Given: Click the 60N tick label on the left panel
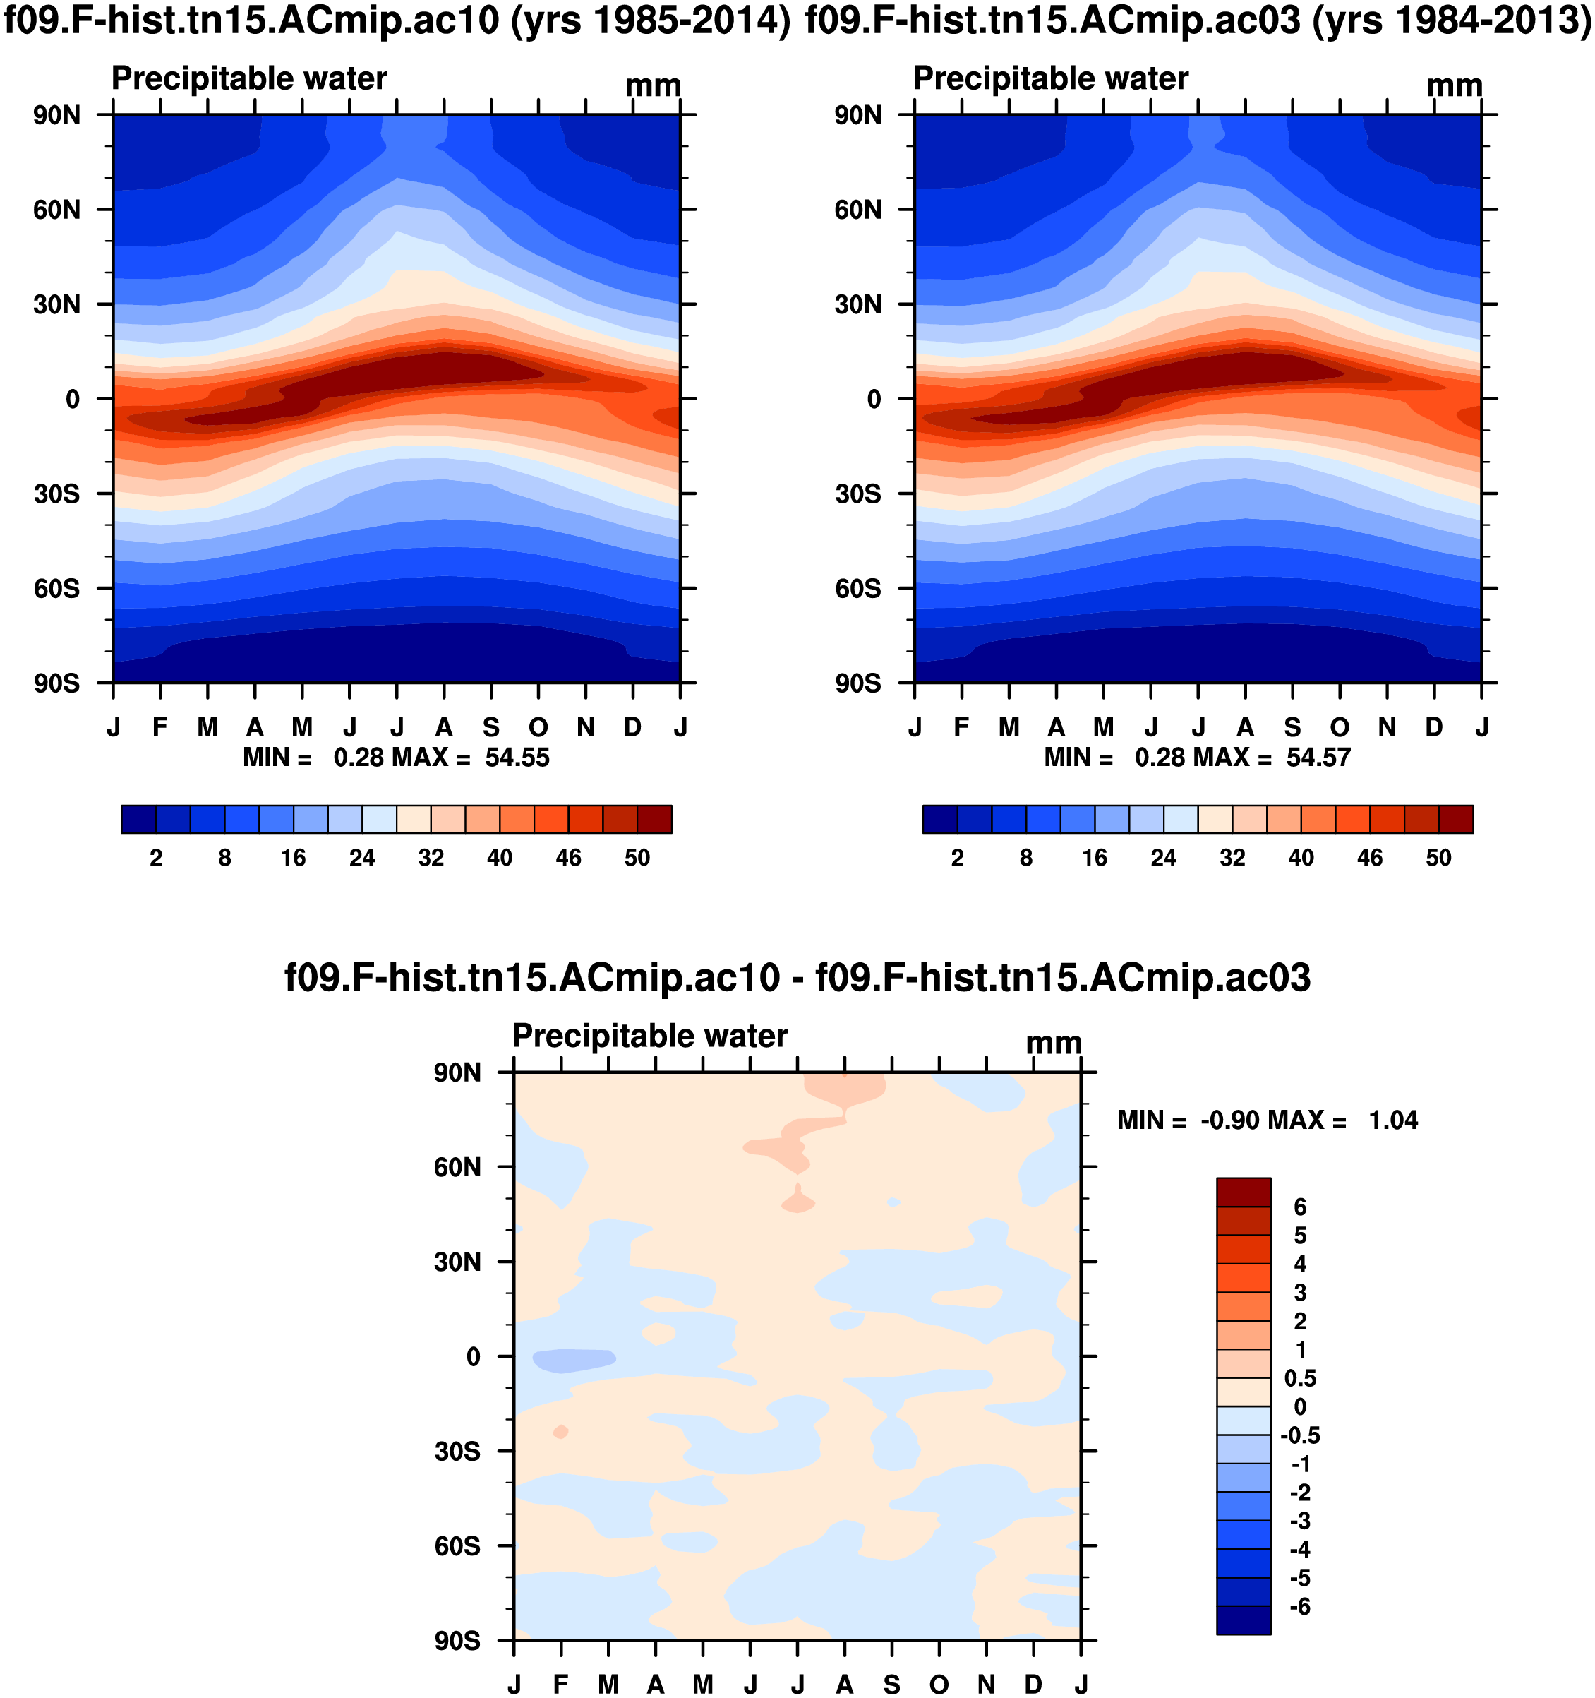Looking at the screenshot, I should (x=56, y=209).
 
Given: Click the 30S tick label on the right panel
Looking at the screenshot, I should (x=857, y=494).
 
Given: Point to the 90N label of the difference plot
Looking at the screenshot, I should (x=457, y=1072).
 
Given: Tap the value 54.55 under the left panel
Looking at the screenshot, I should (x=517, y=758).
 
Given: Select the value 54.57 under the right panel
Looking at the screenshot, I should (x=1318, y=758).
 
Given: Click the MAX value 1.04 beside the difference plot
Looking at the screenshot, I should (x=1392, y=1120).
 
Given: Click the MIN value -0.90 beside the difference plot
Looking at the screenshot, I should (x=1229, y=1120).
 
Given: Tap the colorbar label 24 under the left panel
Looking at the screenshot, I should (x=362, y=858).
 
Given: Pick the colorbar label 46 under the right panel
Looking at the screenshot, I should (x=1370, y=858).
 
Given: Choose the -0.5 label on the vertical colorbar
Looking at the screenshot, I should (x=1299, y=1435).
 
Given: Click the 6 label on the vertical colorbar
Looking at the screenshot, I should (x=1299, y=1207).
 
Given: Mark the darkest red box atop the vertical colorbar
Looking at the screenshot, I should (x=1244, y=1192).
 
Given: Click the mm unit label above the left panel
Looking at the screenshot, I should (x=654, y=86).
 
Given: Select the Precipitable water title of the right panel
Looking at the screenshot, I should (x=1050, y=78).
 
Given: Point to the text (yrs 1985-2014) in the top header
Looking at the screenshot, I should (x=651, y=20).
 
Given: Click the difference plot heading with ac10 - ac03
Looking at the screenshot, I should (x=797, y=977).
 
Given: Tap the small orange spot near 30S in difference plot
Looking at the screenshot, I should (x=561, y=1432).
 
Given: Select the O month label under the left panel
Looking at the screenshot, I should (x=538, y=727).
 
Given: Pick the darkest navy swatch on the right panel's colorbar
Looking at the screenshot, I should (x=939, y=819).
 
